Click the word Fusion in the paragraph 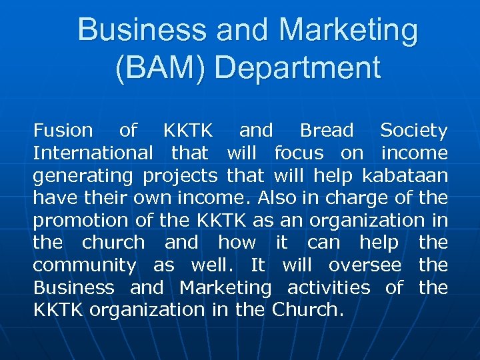pyautogui.click(x=63, y=131)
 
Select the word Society pyautogui.click(x=413, y=131)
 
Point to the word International pyautogui.click(x=93, y=153)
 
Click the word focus pyautogui.click(x=299, y=153)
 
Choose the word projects pyautogui.click(x=180, y=176)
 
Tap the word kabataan pyautogui.click(x=405, y=176)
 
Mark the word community pyautogui.click(x=84, y=266)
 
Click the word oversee pyautogui.click(x=365, y=265)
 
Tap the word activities pyautogui.click(x=329, y=288)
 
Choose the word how pyautogui.click(x=237, y=243)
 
